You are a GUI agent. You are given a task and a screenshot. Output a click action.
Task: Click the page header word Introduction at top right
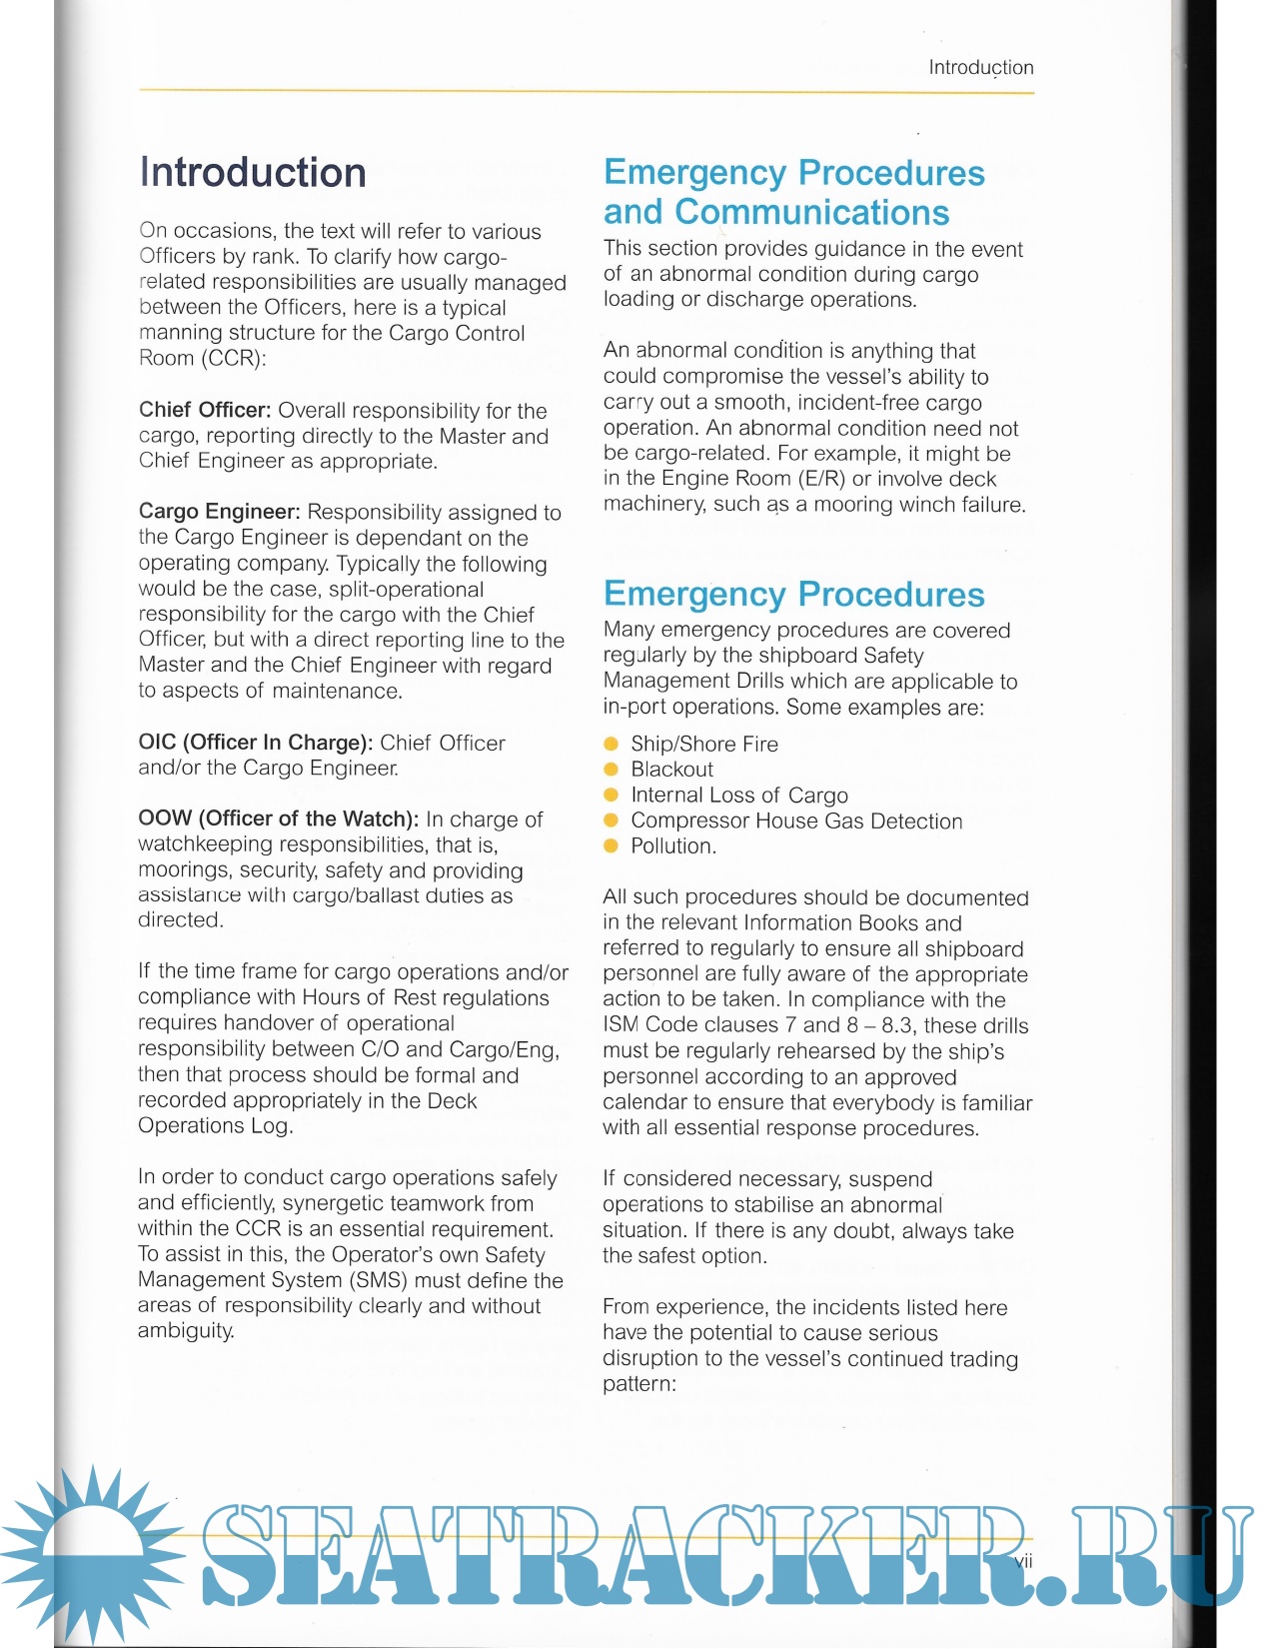(980, 68)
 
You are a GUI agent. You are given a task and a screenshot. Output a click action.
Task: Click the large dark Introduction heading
(253, 172)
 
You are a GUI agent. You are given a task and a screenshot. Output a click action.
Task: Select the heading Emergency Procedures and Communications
(793, 192)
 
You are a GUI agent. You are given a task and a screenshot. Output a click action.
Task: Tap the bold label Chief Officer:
(205, 411)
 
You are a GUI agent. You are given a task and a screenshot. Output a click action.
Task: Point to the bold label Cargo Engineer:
(219, 512)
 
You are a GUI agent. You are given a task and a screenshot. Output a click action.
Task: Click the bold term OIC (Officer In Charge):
(255, 743)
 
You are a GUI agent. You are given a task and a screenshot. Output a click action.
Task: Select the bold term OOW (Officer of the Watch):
(278, 819)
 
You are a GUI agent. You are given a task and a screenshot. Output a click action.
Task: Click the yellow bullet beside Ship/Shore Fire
(612, 744)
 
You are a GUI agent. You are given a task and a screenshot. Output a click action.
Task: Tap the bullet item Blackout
(671, 770)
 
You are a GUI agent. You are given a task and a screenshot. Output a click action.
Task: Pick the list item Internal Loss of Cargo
(738, 796)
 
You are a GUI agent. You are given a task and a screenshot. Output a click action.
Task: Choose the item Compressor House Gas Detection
(796, 822)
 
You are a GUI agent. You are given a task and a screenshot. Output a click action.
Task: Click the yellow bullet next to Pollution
(612, 846)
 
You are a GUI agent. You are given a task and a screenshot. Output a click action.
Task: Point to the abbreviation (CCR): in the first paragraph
(233, 359)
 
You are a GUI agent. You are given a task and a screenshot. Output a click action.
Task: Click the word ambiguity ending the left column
(186, 1331)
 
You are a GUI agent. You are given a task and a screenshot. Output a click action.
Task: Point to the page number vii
(1023, 1561)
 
